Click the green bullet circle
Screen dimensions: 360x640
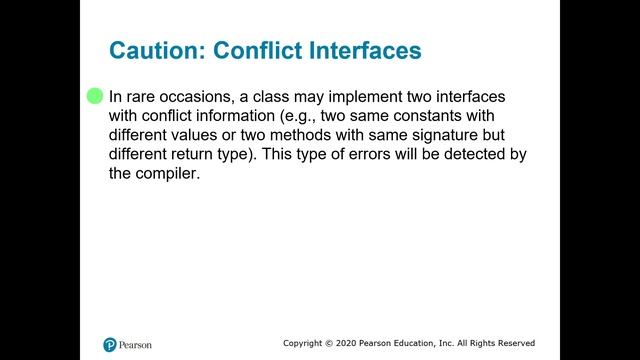click(95, 96)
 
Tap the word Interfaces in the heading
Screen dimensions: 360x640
click(367, 50)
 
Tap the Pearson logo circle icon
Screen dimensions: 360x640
click(110, 343)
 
